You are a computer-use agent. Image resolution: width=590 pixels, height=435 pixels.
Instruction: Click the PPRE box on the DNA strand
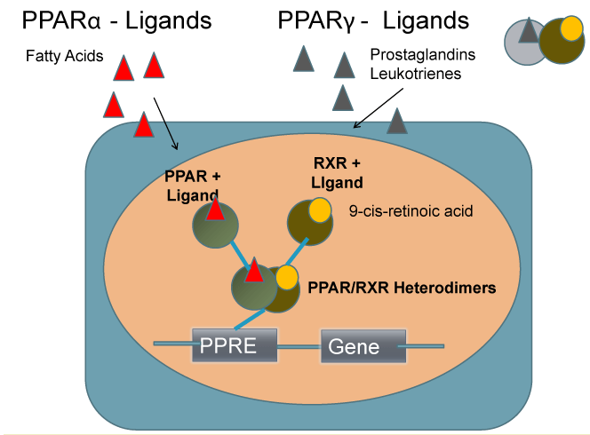pos(235,344)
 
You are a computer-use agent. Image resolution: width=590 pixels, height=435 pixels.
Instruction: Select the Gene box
pos(363,345)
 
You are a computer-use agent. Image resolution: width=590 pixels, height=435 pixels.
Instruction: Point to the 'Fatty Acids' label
pos(64,57)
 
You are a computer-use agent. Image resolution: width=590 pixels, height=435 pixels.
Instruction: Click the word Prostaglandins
pos(422,56)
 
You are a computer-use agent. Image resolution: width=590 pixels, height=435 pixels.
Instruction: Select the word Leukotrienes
pos(416,74)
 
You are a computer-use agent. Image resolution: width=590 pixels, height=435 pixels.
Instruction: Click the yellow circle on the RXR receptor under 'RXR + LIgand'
pos(318,210)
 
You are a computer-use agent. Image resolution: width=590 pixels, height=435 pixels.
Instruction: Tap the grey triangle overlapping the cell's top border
pos(397,121)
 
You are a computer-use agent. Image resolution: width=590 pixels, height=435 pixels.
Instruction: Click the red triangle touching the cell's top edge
pos(144,126)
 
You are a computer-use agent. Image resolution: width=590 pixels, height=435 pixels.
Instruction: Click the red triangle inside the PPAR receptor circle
pos(215,210)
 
